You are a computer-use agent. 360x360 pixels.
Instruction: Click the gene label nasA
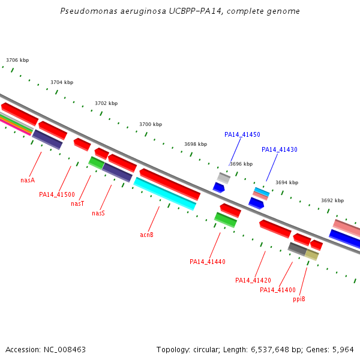(28, 180)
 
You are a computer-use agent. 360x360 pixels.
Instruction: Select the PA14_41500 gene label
(57, 194)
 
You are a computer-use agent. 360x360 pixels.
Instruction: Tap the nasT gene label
(77, 204)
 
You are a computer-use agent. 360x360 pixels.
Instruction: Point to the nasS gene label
(98, 213)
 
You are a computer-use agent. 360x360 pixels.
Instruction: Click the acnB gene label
(147, 235)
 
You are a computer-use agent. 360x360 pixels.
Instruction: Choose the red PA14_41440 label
(208, 262)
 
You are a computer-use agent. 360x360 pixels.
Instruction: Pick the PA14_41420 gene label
(253, 280)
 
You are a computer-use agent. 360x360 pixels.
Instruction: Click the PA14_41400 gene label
(278, 290)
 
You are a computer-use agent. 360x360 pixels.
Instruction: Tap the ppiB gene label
(299, 299)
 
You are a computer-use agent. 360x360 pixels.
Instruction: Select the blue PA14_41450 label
(242, 134)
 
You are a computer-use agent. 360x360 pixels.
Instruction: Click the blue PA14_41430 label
(280, 149)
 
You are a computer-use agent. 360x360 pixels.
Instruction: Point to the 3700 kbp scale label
(151, 124)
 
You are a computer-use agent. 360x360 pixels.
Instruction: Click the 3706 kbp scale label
(17, 60)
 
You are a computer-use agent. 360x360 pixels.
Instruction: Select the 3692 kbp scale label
(332, 200)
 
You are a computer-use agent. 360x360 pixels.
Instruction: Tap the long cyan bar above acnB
(165, 194)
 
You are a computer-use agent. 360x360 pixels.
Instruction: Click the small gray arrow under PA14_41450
(224, 178)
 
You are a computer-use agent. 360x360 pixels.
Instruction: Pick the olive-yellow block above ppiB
(312, 255)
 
